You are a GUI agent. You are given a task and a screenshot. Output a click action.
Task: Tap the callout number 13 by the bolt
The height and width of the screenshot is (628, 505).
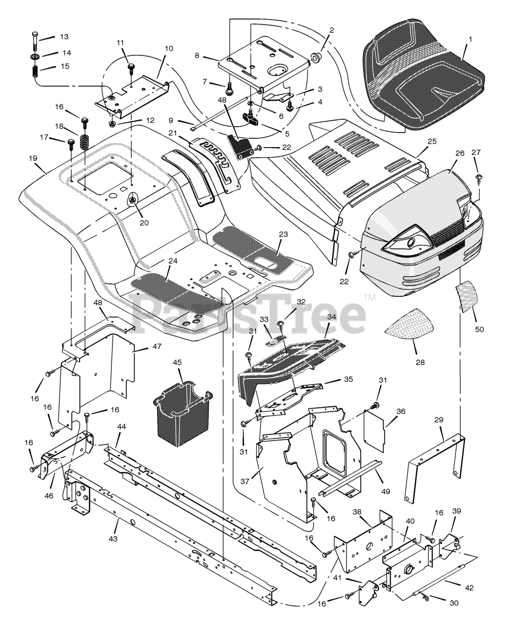tap(65, 37)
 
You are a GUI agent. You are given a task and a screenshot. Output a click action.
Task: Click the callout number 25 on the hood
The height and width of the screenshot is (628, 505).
tap(432, 141)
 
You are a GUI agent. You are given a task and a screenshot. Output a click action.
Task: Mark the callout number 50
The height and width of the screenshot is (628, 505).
tap(479, 329)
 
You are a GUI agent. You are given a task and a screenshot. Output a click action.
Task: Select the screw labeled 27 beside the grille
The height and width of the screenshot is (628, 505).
tap(479, 179)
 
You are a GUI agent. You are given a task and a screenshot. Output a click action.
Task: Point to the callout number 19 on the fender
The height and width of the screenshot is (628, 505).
tap(33, 158)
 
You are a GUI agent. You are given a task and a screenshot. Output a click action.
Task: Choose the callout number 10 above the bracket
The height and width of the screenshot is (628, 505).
tap(169, 49)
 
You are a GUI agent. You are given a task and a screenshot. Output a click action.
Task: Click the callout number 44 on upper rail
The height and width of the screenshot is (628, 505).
tap(121, 427)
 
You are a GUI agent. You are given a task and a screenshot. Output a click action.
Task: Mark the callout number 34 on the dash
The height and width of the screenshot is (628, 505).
tap(332, 317)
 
